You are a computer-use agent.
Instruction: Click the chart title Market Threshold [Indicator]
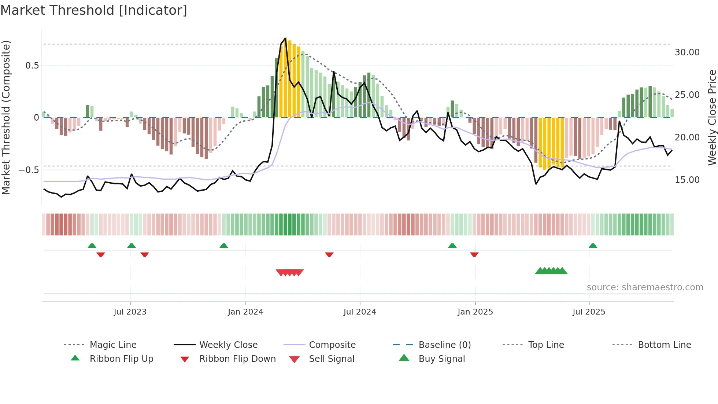coord(94,10)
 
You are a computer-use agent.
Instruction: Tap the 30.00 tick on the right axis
coord(687,52)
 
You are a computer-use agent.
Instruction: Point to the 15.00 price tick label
coord(687,180)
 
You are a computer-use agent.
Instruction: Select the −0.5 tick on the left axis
coord(29,170)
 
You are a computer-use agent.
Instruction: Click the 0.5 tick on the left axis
coord(32,66)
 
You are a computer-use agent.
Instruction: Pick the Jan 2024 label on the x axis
coord(245,312)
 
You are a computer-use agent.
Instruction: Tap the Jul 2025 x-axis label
coord(589,312)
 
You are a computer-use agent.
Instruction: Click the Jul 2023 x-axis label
coord(130,312)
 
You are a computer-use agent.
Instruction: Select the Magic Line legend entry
coord(113,345)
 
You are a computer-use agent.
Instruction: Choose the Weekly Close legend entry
coord(228,345)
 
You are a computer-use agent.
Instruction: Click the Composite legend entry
coord(332,345)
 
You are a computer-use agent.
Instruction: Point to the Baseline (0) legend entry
coord(444,345)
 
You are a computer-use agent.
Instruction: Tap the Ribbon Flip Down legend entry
coord(237,359)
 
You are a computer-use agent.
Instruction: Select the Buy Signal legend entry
coord(441,359)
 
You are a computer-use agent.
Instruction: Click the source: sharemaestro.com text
coord(645,287)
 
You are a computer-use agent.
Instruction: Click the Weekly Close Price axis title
coord(712,117)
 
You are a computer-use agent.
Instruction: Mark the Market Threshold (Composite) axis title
coord(6,117)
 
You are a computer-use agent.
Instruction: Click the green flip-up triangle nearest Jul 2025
coord(593,246)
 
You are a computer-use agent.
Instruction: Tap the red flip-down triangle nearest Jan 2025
coord(474,254)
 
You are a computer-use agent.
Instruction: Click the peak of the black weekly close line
coord(285,38)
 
